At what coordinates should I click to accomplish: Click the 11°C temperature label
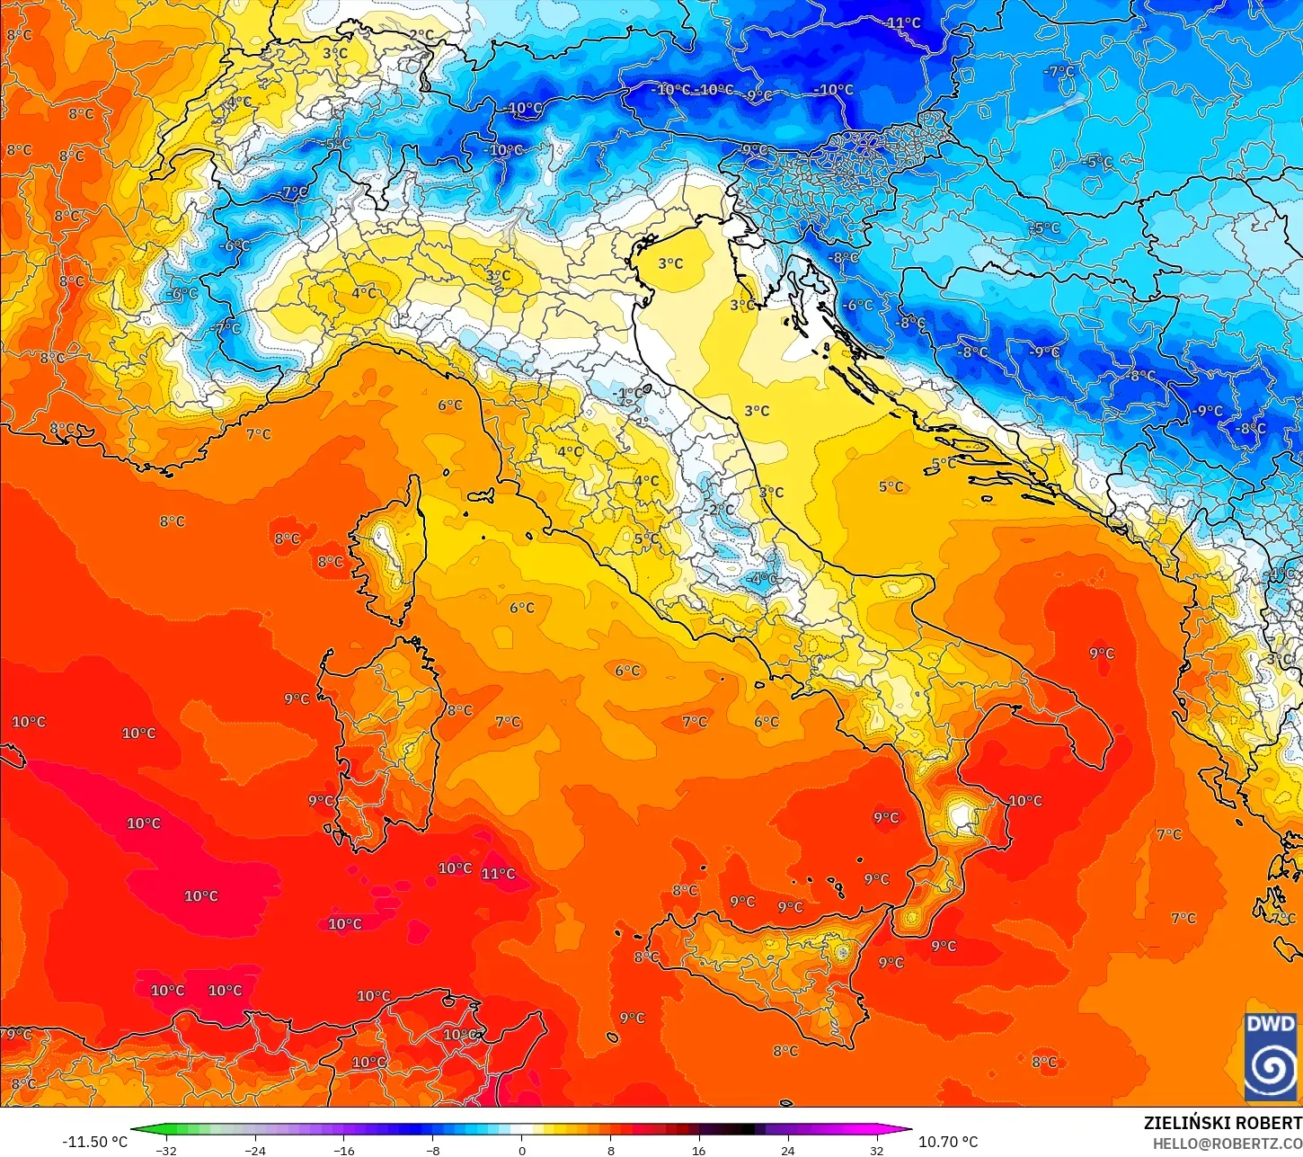[498, 874]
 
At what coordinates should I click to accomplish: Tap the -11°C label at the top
[901, 22]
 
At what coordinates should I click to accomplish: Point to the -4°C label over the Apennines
[763, 578]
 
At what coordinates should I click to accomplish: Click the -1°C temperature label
[629, 394]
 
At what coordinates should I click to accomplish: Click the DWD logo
[1271, 1057]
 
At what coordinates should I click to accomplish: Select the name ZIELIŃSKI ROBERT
[1222, 1123]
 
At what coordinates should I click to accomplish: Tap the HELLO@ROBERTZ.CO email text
[1228, 1143]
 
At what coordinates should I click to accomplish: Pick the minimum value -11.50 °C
[94, 1142]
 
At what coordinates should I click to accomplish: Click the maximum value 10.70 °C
[948, 1142]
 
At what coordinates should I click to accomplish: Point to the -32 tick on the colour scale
[166, 1151]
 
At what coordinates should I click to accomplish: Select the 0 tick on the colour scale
[521, 1151]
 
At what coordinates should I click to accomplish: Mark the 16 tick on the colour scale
[698, 1151]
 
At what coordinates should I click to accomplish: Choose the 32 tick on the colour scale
[876, 1151]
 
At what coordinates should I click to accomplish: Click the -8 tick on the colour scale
[432, 1151]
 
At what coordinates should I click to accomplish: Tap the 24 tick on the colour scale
[787, 1151]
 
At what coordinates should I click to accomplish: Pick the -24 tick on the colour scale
[255, 1151]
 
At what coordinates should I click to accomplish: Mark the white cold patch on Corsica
[384, 541]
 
